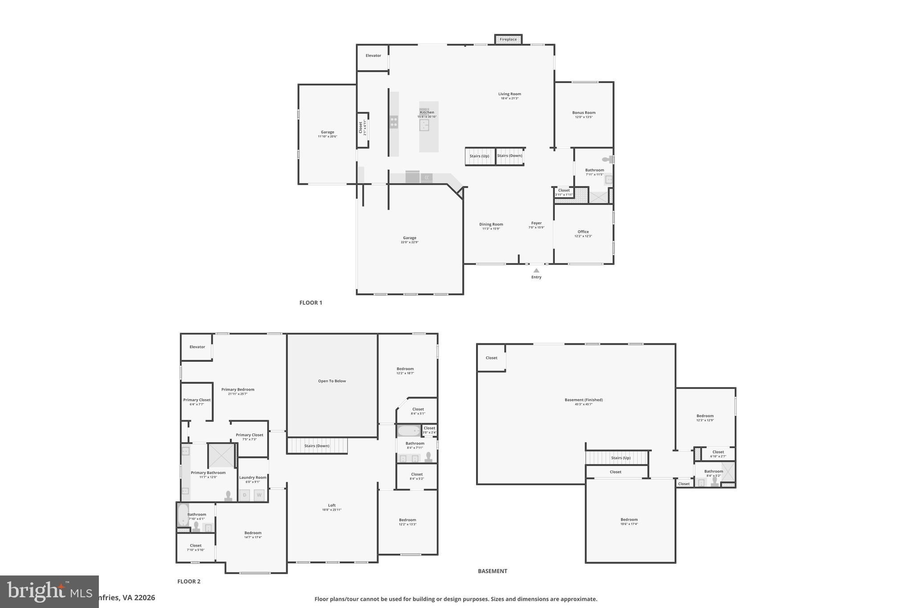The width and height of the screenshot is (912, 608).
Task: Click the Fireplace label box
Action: pos(508,40)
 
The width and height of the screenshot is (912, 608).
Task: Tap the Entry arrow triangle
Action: pos(536,270)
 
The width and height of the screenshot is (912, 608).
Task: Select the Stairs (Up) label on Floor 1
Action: pos(479,156)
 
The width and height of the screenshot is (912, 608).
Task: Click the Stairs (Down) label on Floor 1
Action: pos(509,156)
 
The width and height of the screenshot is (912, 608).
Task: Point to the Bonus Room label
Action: pos(583,113)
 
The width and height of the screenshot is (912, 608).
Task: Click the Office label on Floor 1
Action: pos(583,232)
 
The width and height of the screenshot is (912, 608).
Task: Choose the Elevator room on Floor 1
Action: pos(373,56)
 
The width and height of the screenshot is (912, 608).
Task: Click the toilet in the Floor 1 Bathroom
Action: pos(607,159)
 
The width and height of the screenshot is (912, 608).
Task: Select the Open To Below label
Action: pos(332,381)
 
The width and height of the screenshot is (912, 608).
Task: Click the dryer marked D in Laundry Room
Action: pos(244,495)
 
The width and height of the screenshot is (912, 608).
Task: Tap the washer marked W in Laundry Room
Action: pos(259,495)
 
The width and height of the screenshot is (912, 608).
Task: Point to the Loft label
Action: pos(332,505)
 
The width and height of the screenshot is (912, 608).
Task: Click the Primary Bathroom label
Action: pos(208,473)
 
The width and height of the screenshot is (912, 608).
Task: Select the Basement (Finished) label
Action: pos(583,400)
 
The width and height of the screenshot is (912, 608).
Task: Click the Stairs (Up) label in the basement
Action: pos(620,458)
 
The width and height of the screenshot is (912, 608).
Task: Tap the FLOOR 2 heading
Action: pos(189,581)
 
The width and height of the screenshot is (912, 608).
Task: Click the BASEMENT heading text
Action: pos(492,571)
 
